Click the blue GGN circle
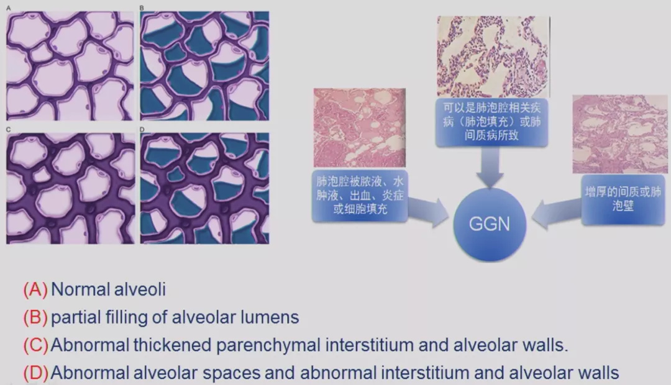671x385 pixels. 490,224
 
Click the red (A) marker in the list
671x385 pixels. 35,289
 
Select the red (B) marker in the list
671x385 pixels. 35,317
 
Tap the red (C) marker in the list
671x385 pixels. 35,345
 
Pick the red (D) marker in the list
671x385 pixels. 35,373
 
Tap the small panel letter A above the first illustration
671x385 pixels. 9,8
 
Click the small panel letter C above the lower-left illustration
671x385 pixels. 9,129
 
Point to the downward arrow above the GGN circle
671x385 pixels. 490,168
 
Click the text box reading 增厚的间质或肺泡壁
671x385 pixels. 623,199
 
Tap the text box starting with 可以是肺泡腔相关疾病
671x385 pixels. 491,122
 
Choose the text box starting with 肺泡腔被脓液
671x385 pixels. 360,196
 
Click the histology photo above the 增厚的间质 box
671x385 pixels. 619,134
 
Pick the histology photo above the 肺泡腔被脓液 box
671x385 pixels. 360,128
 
